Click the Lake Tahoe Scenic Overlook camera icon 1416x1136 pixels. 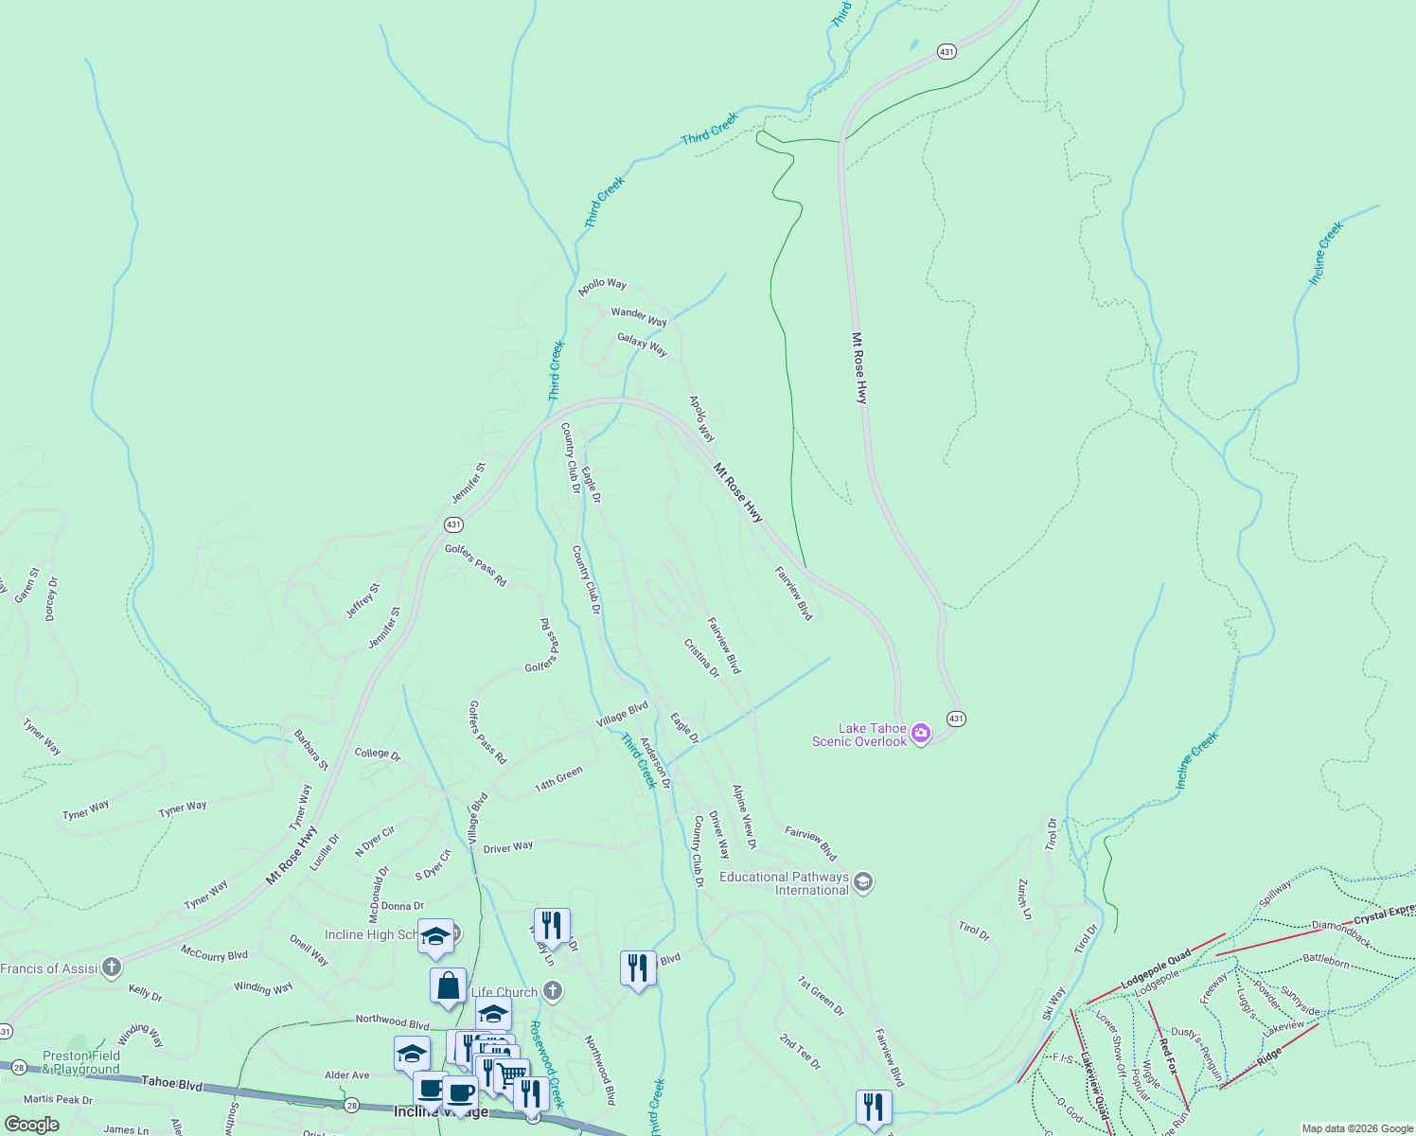tap(921, 734)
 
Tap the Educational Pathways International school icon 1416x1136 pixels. tap(862, 882)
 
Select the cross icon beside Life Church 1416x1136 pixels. tap(554, 991)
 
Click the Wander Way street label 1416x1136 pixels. tap(639, 316)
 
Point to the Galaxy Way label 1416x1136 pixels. tap(643, 345)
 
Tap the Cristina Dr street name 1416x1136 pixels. tap(701, 658)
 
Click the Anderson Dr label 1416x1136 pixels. tap(655, 763)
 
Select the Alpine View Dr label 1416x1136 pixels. tap(745, 816)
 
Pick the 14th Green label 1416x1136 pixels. tap(558, 780)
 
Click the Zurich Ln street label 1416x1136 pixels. tap(1023, 898)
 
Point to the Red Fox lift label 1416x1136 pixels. tap(1168, 1056)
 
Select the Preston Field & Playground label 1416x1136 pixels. tap(81, 1062)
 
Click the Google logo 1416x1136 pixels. tap(32, 1125)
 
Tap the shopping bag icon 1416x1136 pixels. tap(448, 985)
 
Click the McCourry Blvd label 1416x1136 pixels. tap(214, 955)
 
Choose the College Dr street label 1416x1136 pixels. tap(378, 754)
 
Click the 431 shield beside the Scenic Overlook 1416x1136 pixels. tap(956, 719)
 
